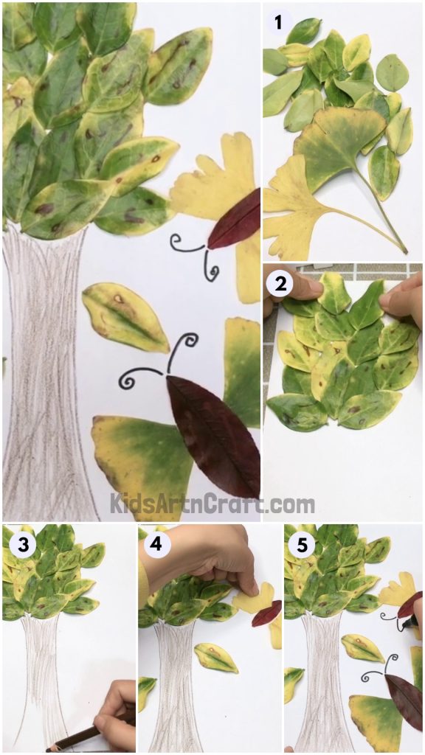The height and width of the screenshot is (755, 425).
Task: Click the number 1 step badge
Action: click(278, 22)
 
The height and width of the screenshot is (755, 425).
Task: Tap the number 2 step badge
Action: click(278, 284)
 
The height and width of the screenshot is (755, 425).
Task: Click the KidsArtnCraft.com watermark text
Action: click(212, 505)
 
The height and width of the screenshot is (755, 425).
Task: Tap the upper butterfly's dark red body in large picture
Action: click(235, 220)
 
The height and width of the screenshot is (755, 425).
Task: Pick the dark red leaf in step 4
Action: click(266, 613)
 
